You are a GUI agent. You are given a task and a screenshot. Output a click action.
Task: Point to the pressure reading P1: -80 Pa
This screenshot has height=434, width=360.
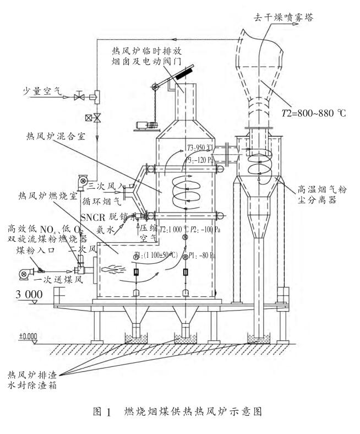(203, 256)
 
